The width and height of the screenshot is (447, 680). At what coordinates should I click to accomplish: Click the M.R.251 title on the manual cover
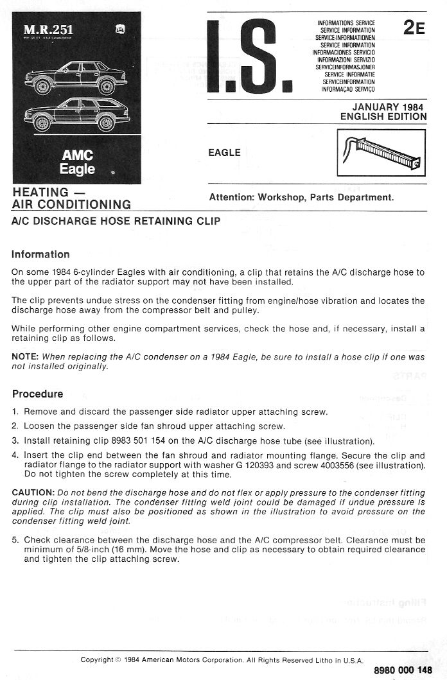click(x=48, y=30)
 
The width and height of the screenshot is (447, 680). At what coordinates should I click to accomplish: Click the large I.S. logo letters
click(x=250, y=55)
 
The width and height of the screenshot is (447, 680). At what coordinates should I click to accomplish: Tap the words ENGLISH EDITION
click(x=383, y=117)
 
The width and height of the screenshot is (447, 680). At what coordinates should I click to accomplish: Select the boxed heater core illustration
click(x=381, y=153)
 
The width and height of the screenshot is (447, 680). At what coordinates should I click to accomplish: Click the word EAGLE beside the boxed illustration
click(x=225, y=153)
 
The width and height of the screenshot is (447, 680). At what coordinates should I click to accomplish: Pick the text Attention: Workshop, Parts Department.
click(x=301, y=198)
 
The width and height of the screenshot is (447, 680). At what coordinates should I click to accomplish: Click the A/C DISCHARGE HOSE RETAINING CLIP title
click(x=116, y=222)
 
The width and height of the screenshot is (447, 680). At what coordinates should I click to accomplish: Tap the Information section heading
click(x=40, y=254)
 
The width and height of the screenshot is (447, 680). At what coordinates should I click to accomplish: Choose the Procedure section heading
click(x=37, y=394)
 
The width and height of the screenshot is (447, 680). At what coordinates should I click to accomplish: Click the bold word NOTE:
click(x=26, y=356)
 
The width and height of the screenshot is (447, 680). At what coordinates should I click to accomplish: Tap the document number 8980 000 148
click(x=403, y=670)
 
